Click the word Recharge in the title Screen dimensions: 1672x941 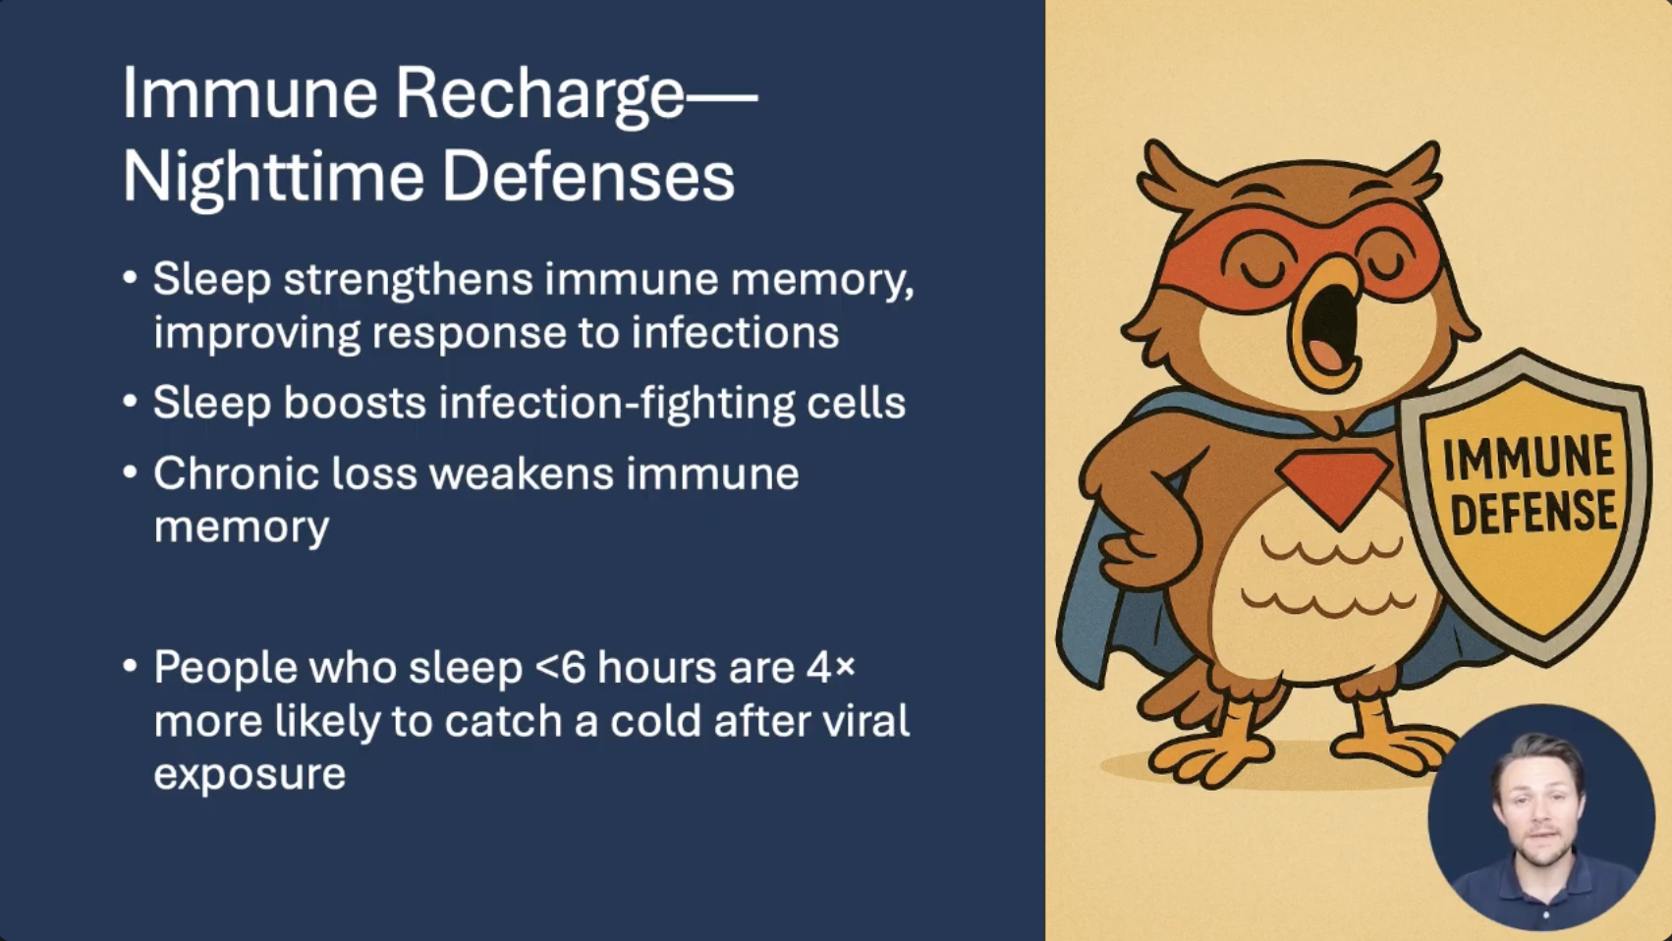(x=539, y=95)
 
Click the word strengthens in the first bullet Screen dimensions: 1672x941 (x=409, y=280)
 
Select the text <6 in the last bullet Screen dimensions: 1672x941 (x=560, y=667)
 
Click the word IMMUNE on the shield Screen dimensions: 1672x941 (x=1528, y=457)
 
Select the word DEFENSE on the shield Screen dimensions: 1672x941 (x=1533, y=514)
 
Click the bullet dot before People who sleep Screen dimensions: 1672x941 (x=131, y=666)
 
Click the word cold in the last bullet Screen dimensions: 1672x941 (x=655, y=721)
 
